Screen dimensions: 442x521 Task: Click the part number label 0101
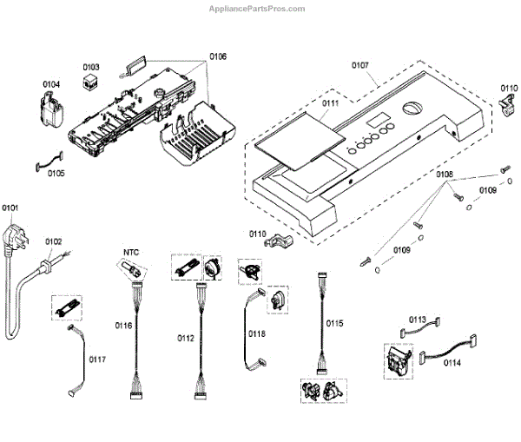[10, 208]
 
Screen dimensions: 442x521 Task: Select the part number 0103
[91, 67]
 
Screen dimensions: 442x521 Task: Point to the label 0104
[52, 84]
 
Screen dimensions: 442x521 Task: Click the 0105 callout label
[56, 173]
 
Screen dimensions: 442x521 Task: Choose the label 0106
[218, 56]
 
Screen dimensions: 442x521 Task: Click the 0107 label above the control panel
[360, 63]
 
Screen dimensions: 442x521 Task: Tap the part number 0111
[331, 103]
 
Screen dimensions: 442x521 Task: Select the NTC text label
[130, 253]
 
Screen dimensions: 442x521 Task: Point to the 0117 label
[97, 358]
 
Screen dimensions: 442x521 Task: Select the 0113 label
[418, 320]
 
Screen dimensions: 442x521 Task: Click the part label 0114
[452, 362]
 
